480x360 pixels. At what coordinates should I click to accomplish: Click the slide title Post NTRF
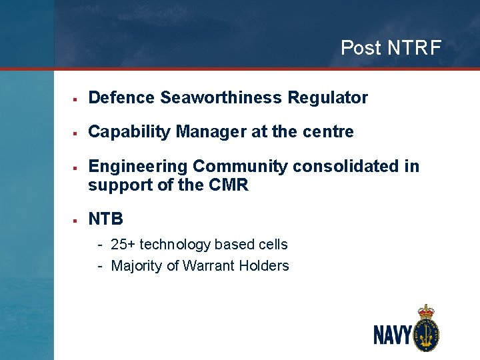pos(390,48)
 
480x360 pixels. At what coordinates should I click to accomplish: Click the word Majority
pos(136,266)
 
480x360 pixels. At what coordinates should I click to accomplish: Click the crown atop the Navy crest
pos(425,311)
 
